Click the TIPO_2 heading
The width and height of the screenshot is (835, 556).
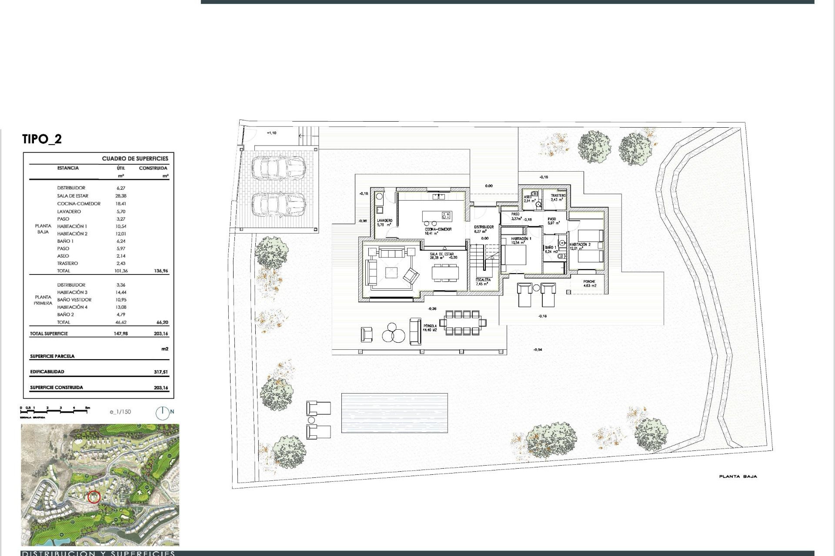[42, 139]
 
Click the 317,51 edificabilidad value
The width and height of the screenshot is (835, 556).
[160, 372]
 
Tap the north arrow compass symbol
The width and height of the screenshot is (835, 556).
[162, 413]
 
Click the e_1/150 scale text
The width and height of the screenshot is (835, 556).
[120, 412]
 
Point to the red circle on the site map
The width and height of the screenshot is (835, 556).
[94, 497]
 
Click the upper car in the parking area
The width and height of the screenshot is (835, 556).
[278, 169]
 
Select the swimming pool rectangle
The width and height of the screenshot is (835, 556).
[394, 413]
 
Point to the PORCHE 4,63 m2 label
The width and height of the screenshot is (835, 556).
[589, 284]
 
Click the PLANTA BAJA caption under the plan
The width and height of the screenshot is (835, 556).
[738, 477]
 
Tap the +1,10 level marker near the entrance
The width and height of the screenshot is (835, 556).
[271, 133]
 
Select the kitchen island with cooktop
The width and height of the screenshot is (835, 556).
[437, 215]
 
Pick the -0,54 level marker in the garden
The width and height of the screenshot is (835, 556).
[538, 350]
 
